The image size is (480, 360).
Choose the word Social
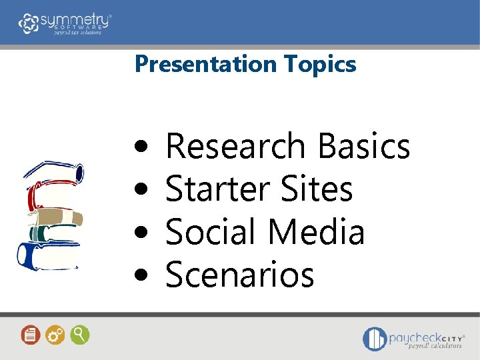pyautogui.click(x=211, y=232)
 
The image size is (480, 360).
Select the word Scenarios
pyautogui.click(x=239, y=275)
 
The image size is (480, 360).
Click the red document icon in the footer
pyautogui.click(x=31, y=335)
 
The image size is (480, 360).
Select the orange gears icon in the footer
pyautogui.click(x=55, y=335)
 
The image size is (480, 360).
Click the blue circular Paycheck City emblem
pyautogui.click(x=375, y=339)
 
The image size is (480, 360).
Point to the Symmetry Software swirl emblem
pyautogui.click(x=29, y=23)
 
